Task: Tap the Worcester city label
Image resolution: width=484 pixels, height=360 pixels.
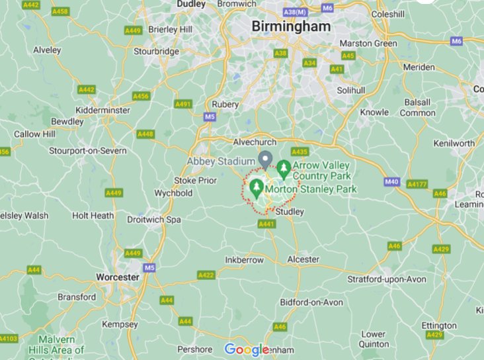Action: click(97, 276)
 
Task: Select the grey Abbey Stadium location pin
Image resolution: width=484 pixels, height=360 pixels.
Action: click(265, 159)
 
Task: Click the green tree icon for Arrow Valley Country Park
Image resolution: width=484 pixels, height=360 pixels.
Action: click(284, 169)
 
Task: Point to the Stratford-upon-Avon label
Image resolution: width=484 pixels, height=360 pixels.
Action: click(387, 279)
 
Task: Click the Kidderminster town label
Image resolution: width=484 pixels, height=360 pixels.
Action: click(104, 110)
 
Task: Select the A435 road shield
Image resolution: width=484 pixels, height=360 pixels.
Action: click(300, 152)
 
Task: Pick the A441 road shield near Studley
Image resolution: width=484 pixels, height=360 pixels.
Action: click(266, 225)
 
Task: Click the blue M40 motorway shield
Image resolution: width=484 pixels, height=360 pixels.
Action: click(392, 181)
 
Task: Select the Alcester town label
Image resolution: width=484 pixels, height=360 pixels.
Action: click(303, 259)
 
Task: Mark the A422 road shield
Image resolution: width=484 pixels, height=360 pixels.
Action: click(206, 275)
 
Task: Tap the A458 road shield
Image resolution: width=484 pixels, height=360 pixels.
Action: click(60, 11)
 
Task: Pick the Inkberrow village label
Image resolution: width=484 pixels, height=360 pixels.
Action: click(245, 259)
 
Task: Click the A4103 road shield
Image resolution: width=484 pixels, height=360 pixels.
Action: click(7, 339)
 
